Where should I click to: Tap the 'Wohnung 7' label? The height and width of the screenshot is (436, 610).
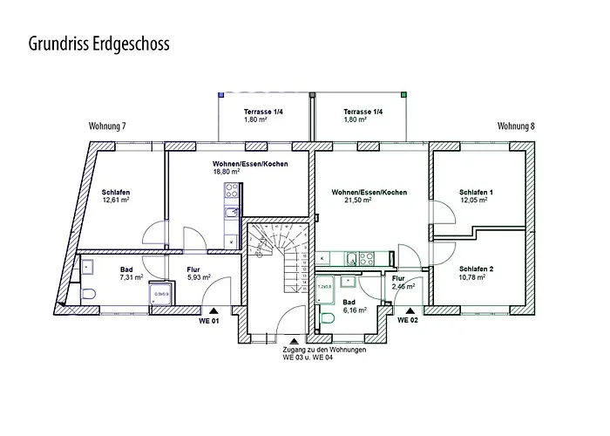(x=107, y=126)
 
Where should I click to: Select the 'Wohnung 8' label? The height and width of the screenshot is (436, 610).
(x=516, y=126)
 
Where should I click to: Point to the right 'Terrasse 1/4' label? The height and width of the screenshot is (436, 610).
(x=362, y=112)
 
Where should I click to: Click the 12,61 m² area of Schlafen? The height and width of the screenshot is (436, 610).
(x=116, y=200)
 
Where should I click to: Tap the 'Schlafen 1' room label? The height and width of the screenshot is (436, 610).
(x=476, y=192)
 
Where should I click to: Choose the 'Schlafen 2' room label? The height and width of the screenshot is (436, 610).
(x=476, y=269)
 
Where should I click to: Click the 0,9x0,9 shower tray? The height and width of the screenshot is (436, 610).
(x=161, y=293)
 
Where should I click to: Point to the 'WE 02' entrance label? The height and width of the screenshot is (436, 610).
(x=410, y=320)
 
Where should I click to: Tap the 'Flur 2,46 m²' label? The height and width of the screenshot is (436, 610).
(x=403, y=281)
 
